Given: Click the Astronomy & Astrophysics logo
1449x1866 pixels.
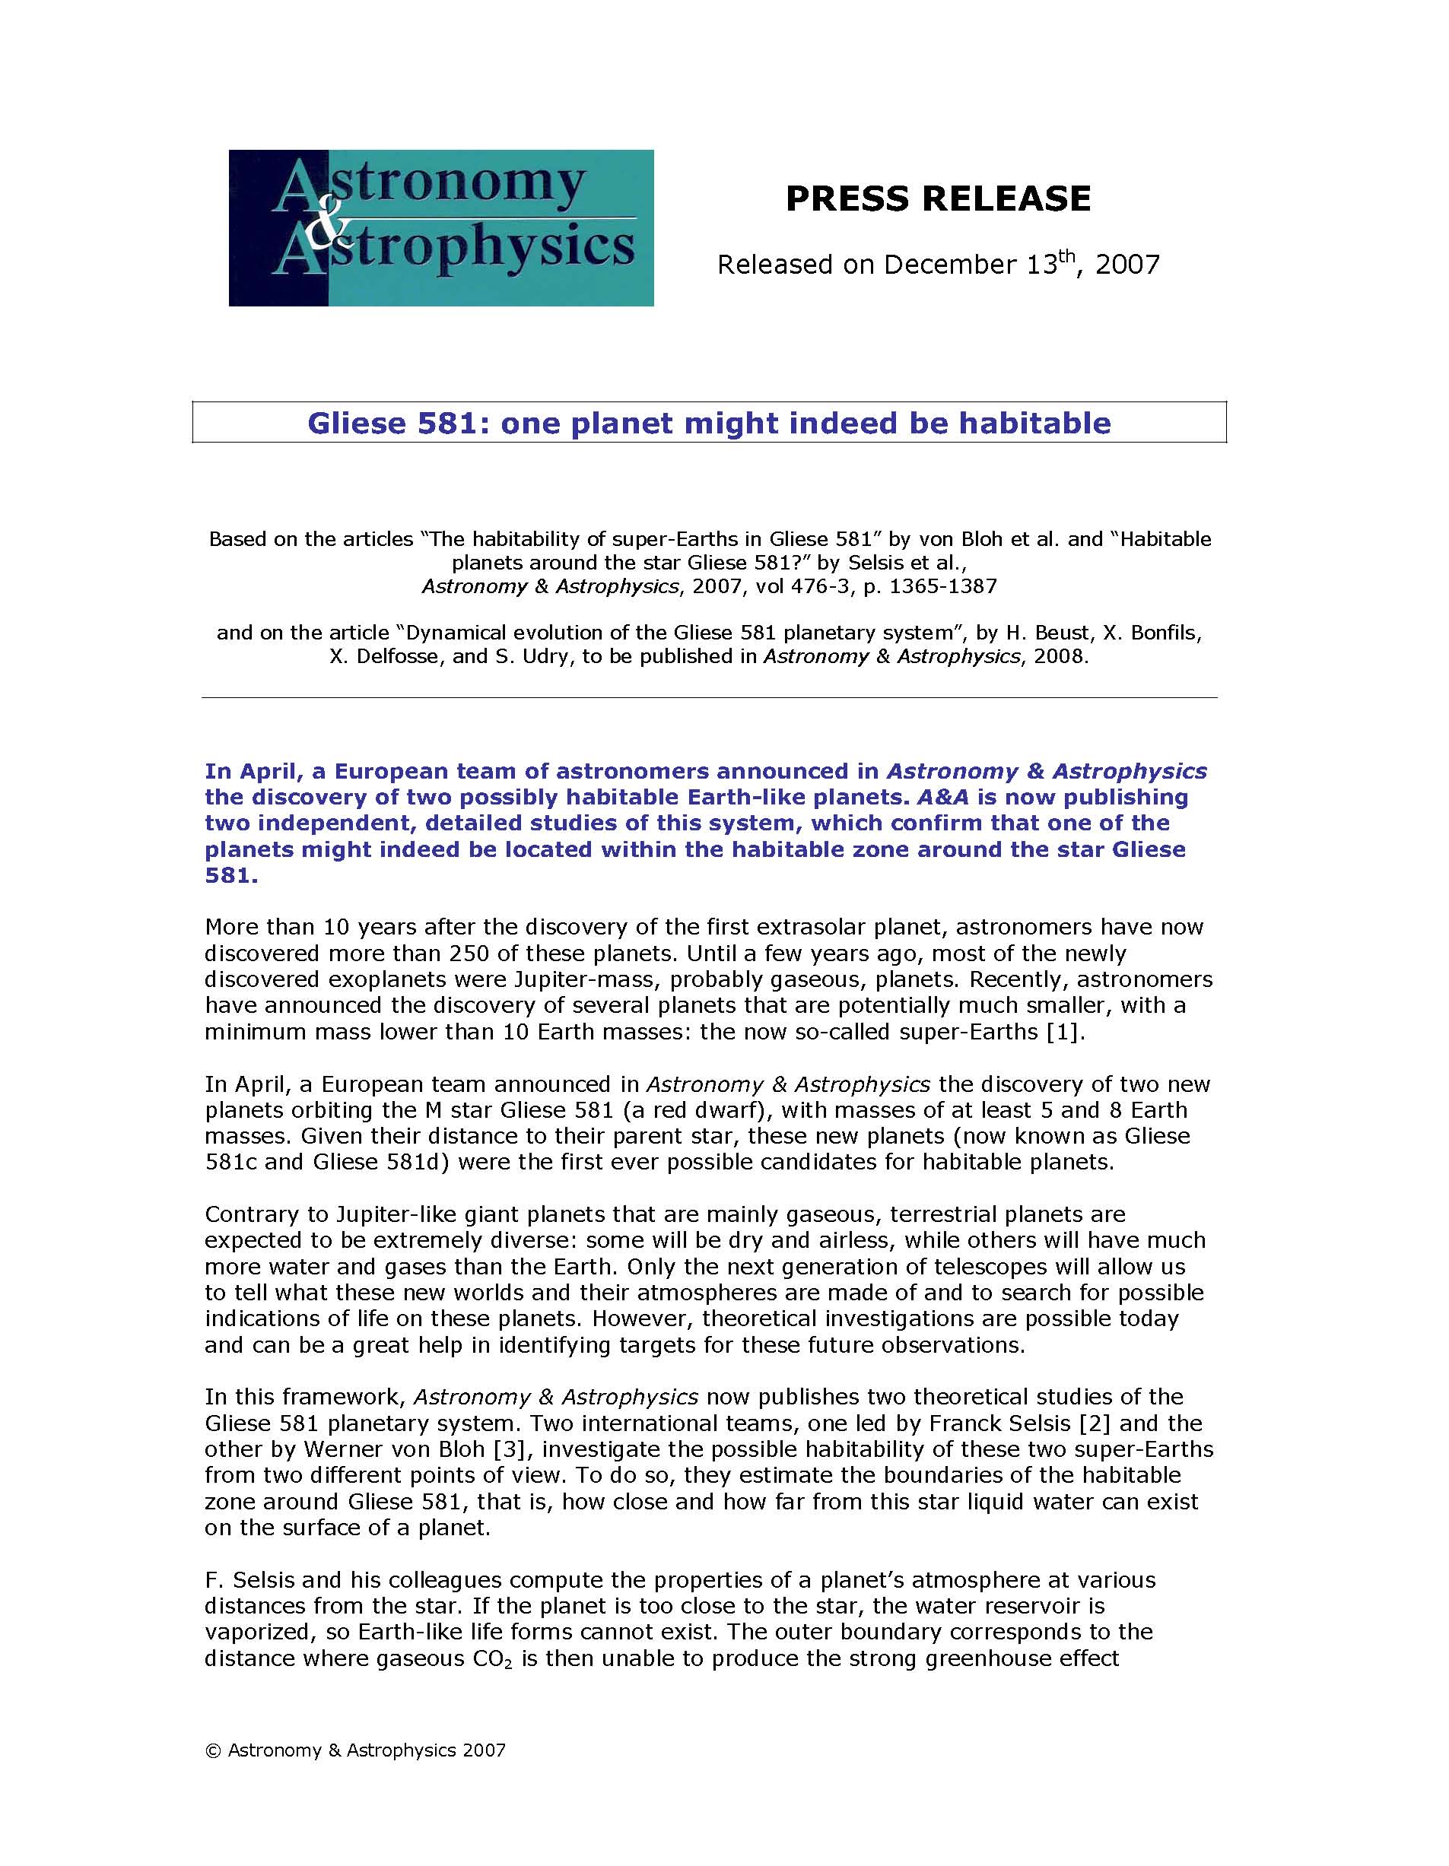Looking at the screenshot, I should tap(441, 227).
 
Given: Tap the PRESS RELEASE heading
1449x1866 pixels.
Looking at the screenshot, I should tap(938, 198).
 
